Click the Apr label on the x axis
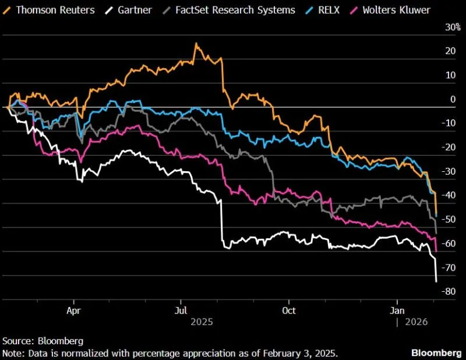click(x=73, y=310)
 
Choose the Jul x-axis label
click(x=181, y=310)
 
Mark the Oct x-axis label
click(x=288, y=310)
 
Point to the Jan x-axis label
click(x=397, y=310)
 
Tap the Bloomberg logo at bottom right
click(x=436, y=353)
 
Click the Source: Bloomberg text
click(x=43, y=341)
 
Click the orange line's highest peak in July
click(x=196, y=44)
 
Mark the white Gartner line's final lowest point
click(x=436, y=282)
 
